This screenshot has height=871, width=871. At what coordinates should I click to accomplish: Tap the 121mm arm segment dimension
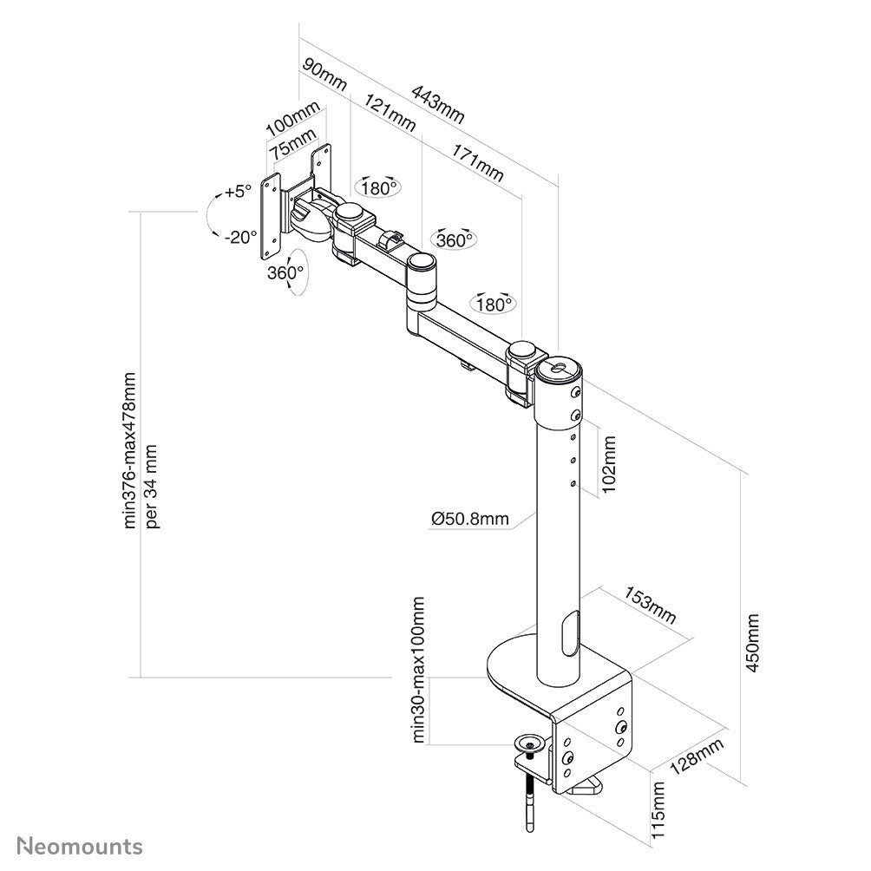(390, 112)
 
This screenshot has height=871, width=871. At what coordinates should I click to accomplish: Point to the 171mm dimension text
(476, 161)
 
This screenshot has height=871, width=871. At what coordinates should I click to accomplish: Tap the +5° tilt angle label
(236, 192)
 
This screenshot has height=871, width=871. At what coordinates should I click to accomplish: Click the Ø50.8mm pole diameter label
(469, 519)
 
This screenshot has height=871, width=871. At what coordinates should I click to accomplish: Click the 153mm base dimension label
(649, 604)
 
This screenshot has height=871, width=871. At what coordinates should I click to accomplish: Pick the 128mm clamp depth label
(697, 758)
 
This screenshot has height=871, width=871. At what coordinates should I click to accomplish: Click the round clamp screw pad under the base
(530, 743)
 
